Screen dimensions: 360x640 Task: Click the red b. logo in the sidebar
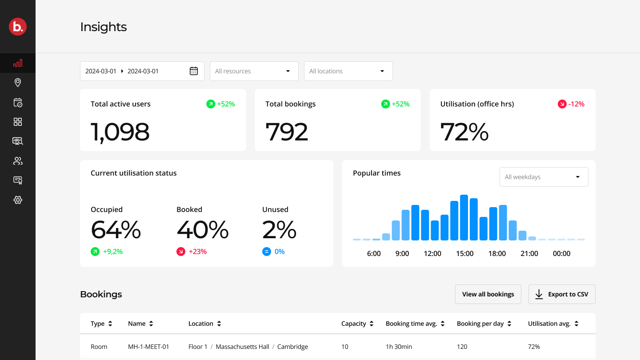pos(18,27)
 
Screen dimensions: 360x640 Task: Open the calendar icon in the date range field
pos(194,71)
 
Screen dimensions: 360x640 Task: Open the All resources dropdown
pos(254,71)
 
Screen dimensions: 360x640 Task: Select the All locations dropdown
pos(348,71)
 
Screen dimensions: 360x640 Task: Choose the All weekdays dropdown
pos(544,177)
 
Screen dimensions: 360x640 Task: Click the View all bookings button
pos(488,294)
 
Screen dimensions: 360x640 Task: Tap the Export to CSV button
pos(562,294)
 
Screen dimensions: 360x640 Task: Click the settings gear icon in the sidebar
pos(18,200)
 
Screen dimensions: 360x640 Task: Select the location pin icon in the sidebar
pos(18,83)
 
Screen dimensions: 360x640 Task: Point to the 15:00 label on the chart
pos(464,253)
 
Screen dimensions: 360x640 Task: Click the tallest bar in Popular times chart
pos(464,217)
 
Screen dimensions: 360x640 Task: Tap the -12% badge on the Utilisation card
pos(571,104)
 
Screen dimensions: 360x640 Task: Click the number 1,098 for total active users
pos(120,132)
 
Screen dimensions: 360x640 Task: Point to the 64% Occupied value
pos(116,230)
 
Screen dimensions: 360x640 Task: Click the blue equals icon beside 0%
pos(267,252)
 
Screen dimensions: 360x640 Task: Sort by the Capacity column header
pos(357,324)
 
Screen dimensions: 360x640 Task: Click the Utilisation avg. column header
pos(553,324)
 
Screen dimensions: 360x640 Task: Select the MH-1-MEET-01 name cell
pos(148,347)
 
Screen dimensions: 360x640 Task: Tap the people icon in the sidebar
pos(18,161)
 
